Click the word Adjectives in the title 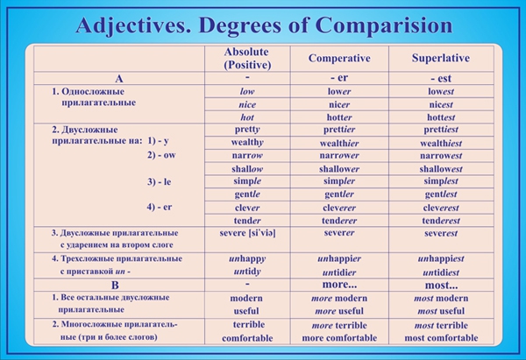point(133,25)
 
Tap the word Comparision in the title point(384,25)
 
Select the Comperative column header point(339,58)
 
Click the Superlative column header point(441,58)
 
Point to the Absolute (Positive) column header point(247,58)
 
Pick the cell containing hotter point(339,117)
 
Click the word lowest point(441,91)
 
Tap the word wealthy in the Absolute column point(247,143)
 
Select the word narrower point(339,156)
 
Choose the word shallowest point(441,169)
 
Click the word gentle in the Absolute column point(247,194)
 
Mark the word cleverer point(339,208)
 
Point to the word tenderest point(441,221)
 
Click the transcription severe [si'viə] point(247,233)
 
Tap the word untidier point(339,272)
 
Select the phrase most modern point(441,299)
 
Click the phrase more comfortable point(339,338)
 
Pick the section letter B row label point(115,286)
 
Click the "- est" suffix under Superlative point(441,79)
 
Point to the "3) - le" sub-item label point(159,181)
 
